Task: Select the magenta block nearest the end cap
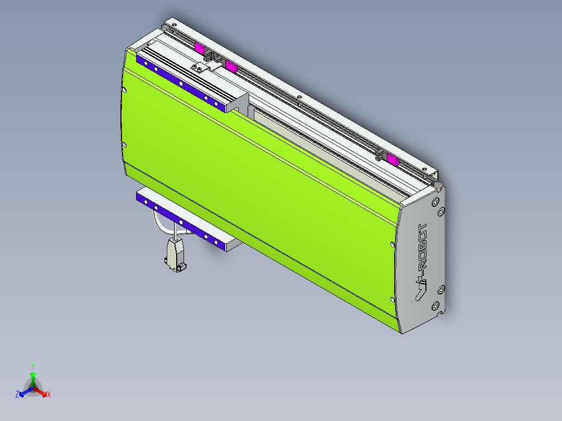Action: [x=393, y=159]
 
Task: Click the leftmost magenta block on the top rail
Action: [x=199, y=48]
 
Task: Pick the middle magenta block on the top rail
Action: [x=230, y=66]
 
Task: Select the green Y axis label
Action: [x=32, y=366]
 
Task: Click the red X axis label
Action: [x=49, y=394]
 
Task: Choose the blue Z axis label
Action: [x=17, y=394]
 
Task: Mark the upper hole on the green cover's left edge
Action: [x=124, y=90]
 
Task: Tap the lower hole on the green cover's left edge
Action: [x=124, y=145]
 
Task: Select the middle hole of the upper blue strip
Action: [x=180, y=83]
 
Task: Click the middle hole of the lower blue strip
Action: [x=181, y=222]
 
